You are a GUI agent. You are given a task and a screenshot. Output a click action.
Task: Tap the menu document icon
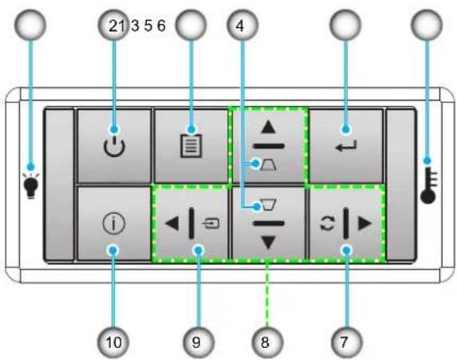191,145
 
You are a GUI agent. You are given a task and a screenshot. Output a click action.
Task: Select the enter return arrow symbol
346,146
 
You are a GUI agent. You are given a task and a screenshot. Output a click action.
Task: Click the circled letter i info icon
114,224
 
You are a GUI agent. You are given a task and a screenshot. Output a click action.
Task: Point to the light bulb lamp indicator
31,186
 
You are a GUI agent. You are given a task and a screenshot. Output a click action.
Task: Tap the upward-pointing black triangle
269,127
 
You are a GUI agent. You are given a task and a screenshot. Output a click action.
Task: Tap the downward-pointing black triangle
269,243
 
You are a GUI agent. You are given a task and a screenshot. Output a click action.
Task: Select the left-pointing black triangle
171,224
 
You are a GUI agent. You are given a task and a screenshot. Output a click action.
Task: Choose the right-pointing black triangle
365,224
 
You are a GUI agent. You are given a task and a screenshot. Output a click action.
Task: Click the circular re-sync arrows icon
327,224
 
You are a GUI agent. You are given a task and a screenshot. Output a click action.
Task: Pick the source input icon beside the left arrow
211,224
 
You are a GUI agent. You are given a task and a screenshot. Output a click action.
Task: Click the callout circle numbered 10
113,342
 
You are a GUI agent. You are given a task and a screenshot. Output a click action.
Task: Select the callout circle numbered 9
198,342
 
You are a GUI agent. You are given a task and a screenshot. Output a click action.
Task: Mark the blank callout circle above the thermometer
427,25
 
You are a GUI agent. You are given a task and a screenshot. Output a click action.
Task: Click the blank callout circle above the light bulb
30,25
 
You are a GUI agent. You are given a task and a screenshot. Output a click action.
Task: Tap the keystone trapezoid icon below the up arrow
269,164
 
